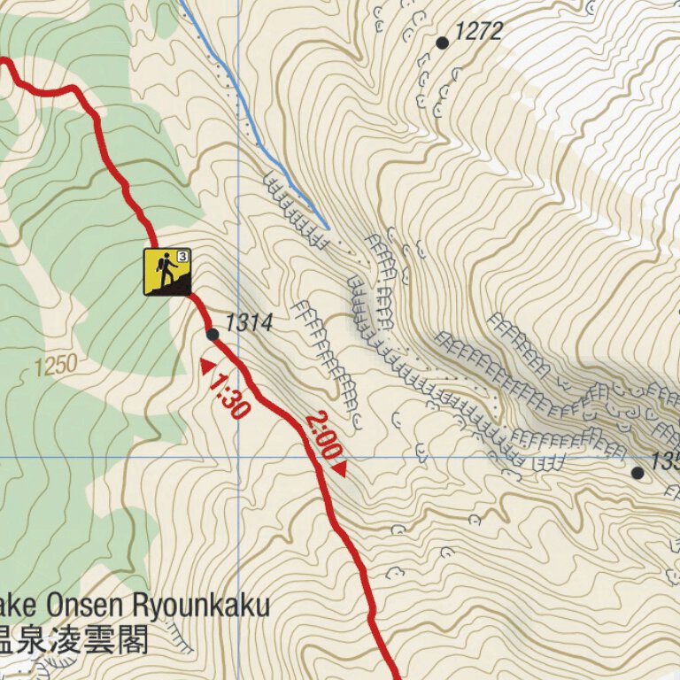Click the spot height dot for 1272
point(443,42)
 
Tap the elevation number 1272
point(478,32)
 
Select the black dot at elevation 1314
point(212,334)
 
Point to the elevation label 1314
point(248,323)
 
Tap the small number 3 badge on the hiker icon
point(182,256)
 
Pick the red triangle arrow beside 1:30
point(207,366)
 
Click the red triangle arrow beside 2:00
point(339,468)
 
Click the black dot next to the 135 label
point(637,473)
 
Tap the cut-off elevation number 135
point(665,461)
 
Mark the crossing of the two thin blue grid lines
point(238,458)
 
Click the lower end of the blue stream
point(328,228)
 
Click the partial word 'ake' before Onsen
point(21,607)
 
